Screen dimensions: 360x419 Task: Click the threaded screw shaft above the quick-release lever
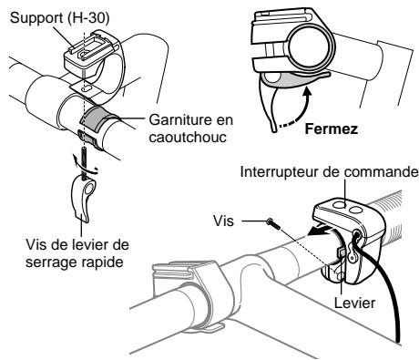click(83, 162)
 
